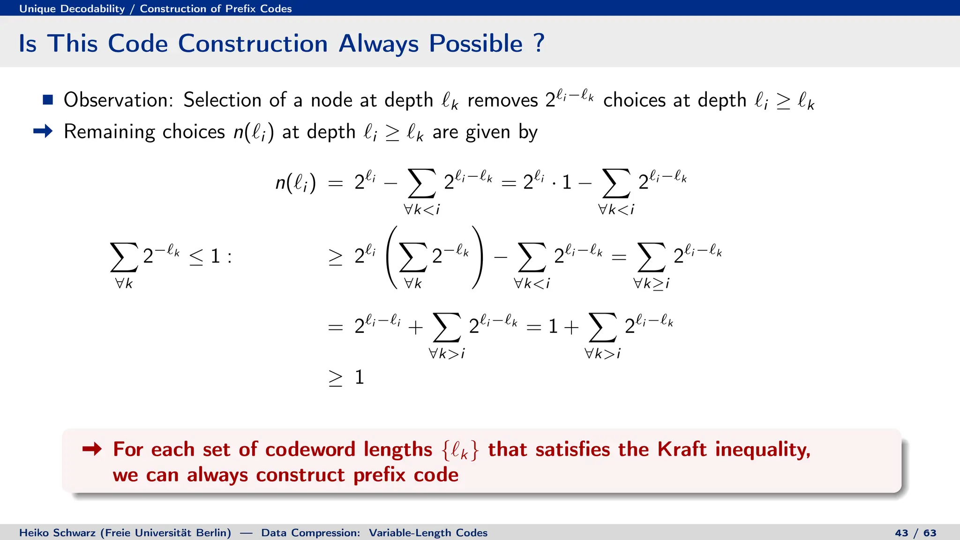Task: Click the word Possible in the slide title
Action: click(475, 44)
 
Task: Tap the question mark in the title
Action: click(539, 43)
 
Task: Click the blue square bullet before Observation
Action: click(47, 99)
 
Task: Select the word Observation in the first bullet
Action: click(119, 100)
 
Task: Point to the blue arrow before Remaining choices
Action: click(43, 131)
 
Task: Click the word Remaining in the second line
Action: click(109, 132)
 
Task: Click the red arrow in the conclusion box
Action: click(92, 449)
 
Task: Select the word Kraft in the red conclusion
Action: click(681, 449)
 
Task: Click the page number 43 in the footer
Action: click(901, 533)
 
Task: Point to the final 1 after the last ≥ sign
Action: click(360, 377)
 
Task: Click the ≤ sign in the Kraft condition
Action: click(196, 256)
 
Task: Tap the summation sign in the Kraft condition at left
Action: click(124, 257)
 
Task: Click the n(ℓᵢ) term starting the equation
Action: click(295, 182)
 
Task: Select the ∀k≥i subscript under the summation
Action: click(651, 284)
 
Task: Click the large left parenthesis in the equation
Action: click(391, 257)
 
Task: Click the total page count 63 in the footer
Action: click(930, 533)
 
